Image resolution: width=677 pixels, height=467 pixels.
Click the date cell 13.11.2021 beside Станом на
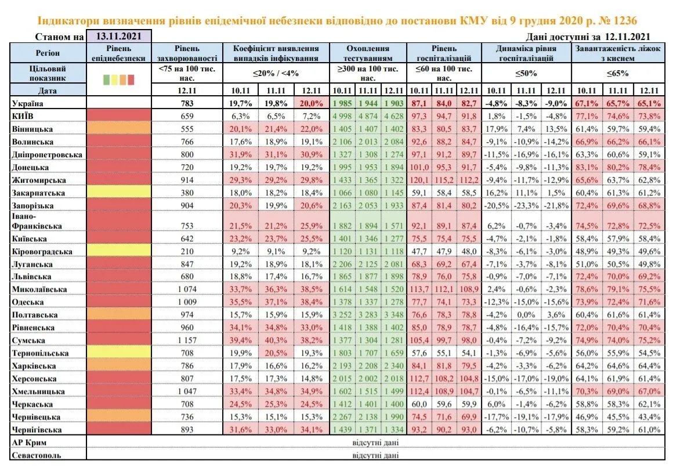pyautogui.click(x=119, y=37)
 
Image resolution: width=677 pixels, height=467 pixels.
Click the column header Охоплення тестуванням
pyautogui.click(x=367, y=53)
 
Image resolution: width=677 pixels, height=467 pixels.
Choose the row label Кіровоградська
pyautogui.click(x=42, y=252)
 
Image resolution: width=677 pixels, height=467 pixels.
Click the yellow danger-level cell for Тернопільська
pyautogui.click(x=119, y=353)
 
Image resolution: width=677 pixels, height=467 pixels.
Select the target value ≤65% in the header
pyautogui.click(x=617, y=74)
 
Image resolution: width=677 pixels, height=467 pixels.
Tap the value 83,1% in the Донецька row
pyautogui.click(x=587, y=166)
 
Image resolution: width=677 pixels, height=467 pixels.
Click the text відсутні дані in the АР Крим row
pyautogui.click(x=375, y=443)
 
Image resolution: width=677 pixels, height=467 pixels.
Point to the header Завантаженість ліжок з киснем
pyautogui.click(x=617, y=53)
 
